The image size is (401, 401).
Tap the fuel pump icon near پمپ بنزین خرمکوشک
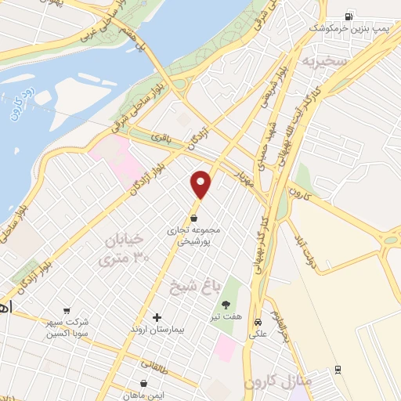(x=348, y=15)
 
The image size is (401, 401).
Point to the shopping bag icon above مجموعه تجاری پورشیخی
(x=194, y=218)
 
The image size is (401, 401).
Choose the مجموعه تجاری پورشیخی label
(x=193, y=236)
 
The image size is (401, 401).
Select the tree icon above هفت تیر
(x=226, y=304)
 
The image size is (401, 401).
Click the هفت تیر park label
(x=226, y=317)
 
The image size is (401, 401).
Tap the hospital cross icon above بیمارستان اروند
(x=157, y=317)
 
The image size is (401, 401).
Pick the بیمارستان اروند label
(x=157, y=330)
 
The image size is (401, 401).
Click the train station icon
(x=338, y=369)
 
